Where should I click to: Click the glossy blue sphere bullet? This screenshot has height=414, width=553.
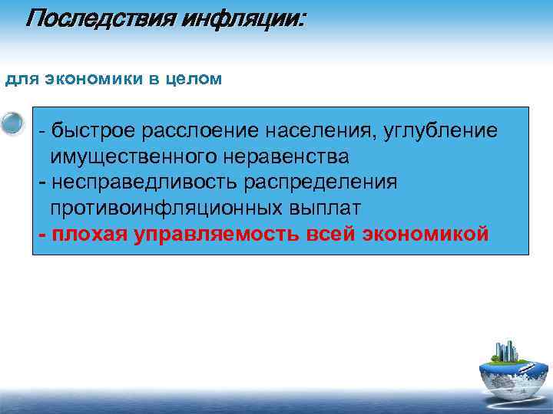pos(13,123)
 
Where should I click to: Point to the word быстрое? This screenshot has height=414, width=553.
pos(92,131)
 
